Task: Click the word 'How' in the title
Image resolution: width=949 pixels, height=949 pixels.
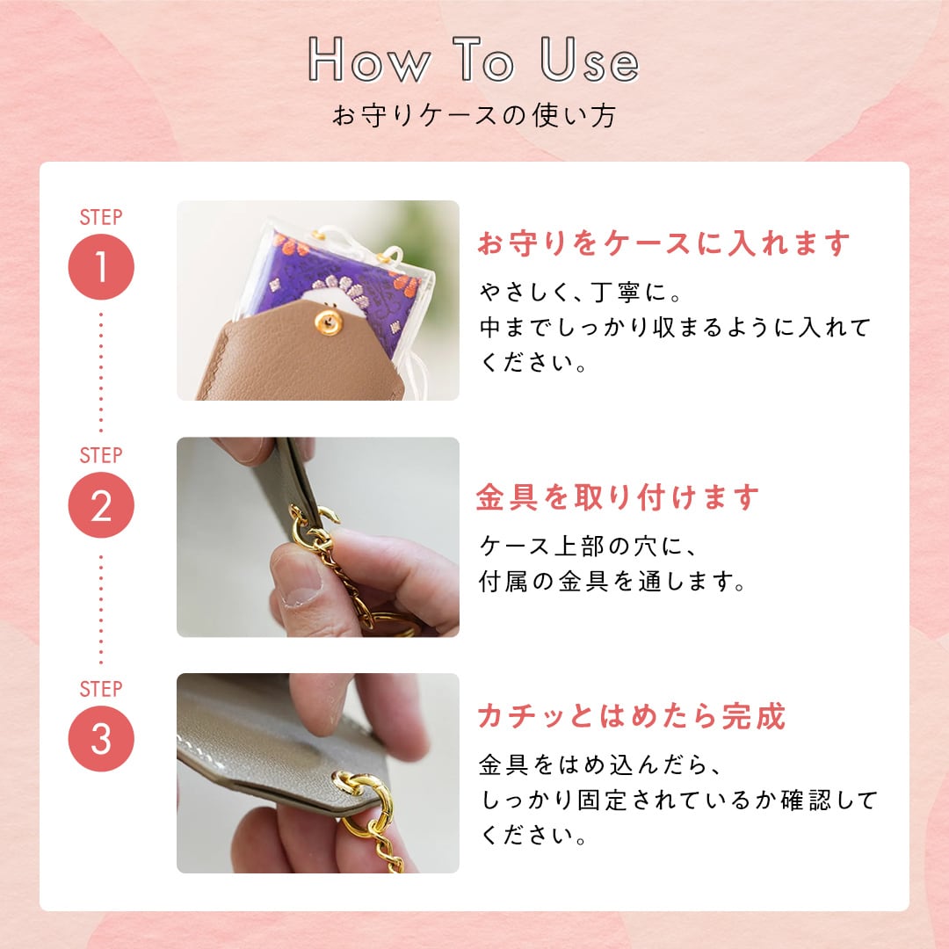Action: point(369,60)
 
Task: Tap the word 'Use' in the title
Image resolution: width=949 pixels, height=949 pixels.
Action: point(590,60)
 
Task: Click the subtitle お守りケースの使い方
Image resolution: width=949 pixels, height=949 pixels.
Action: point(474,115)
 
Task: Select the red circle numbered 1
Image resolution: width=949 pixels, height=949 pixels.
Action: point(101,267)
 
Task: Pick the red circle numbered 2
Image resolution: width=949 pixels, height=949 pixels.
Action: point(101,504)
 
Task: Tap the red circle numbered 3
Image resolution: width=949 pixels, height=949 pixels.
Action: point(101,738)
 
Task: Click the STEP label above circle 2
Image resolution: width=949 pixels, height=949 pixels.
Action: point(101,455)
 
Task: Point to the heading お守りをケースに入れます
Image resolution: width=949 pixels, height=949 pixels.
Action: point(664,243)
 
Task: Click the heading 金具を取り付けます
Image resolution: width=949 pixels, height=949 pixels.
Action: point(618,497)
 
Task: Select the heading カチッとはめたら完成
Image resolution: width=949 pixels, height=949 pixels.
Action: point(631,716)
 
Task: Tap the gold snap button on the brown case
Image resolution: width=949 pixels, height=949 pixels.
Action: point(330,322)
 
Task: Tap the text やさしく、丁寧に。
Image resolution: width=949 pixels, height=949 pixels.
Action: point(581,293)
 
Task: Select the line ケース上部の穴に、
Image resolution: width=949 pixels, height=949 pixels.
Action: point(588,547)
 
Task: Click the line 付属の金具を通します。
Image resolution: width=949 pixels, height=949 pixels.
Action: point(612,582)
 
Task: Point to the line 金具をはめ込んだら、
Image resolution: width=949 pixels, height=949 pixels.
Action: point(600,765)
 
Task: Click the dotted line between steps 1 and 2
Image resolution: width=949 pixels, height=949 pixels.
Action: point(101,373)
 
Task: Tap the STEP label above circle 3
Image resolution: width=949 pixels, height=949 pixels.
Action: point(101,689)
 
